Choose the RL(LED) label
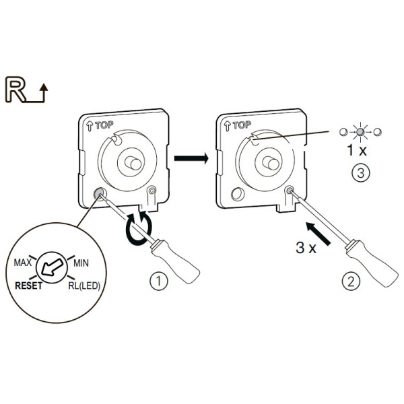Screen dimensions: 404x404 84,285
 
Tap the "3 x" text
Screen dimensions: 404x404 306,247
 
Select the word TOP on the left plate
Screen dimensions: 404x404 104,125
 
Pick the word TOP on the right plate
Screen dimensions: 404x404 242,125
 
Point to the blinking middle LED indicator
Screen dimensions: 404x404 360,131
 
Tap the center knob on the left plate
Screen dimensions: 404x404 132,162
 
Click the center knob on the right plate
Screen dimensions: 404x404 269,162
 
